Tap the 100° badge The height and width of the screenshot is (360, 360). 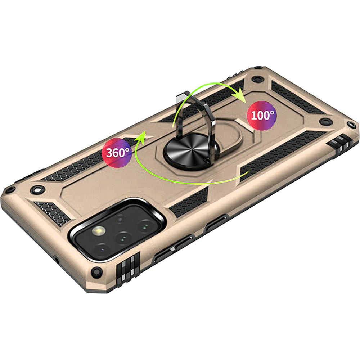click(x=262, y=115)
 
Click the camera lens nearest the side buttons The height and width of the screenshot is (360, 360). click(x=145, y=225)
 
